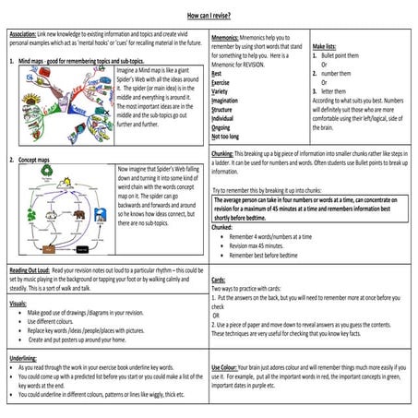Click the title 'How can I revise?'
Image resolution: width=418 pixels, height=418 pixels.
209,17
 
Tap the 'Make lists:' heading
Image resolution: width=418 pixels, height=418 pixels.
329,46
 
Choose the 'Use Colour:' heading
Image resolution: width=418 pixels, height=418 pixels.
231,366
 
